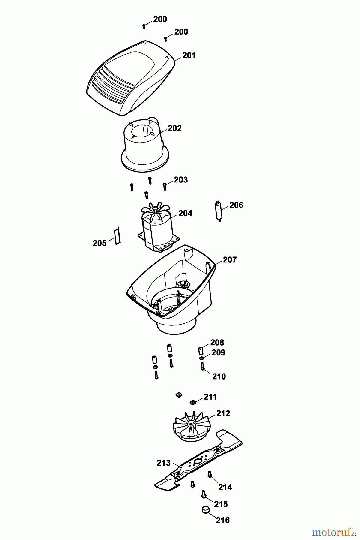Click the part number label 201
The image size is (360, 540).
[x=189, y=55]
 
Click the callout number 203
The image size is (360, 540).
[x=181, y=180]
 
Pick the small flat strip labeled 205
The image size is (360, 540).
[x=117, y=236]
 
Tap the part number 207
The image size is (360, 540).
[x=230, y=260]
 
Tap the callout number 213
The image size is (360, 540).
[x=163, y=463]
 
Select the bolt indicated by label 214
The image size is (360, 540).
[x=210, y=474]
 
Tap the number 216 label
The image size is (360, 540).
[x=223, y=520]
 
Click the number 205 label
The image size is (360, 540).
[x=100, y=243]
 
